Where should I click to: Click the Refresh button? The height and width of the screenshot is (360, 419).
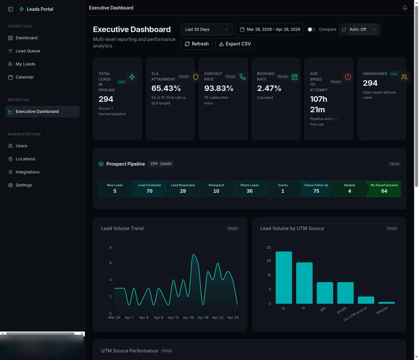click(196, 44)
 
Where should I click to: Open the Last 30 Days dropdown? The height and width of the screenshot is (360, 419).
click(207, 30)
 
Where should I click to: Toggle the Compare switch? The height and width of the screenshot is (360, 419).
click(311, 30)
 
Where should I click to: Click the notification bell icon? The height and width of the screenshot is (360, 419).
click(405, 8)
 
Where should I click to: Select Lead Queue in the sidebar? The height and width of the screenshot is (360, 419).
click(28, 51)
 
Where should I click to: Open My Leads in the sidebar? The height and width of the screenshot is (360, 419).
click(25, 64)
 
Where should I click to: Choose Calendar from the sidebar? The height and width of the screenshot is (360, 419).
click(24, 77)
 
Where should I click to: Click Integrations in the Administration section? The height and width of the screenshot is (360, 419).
click(27, 172)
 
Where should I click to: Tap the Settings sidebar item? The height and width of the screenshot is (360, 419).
click(23, 185)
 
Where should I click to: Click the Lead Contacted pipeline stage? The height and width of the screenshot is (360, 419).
click(150, 188)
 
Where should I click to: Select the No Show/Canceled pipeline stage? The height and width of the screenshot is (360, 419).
click(384, 188)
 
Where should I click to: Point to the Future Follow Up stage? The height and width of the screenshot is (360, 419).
click(316, 188)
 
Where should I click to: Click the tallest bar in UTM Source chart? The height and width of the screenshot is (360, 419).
click(284, 278)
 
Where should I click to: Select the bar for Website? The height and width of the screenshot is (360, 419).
click(387, 302)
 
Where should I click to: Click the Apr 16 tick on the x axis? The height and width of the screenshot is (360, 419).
click(188, 317)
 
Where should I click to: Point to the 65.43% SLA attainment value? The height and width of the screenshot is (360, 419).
click(166, 89)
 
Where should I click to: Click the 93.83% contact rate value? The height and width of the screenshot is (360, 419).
click(219, 89)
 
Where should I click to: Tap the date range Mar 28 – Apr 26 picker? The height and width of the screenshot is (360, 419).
click(269, 30)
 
